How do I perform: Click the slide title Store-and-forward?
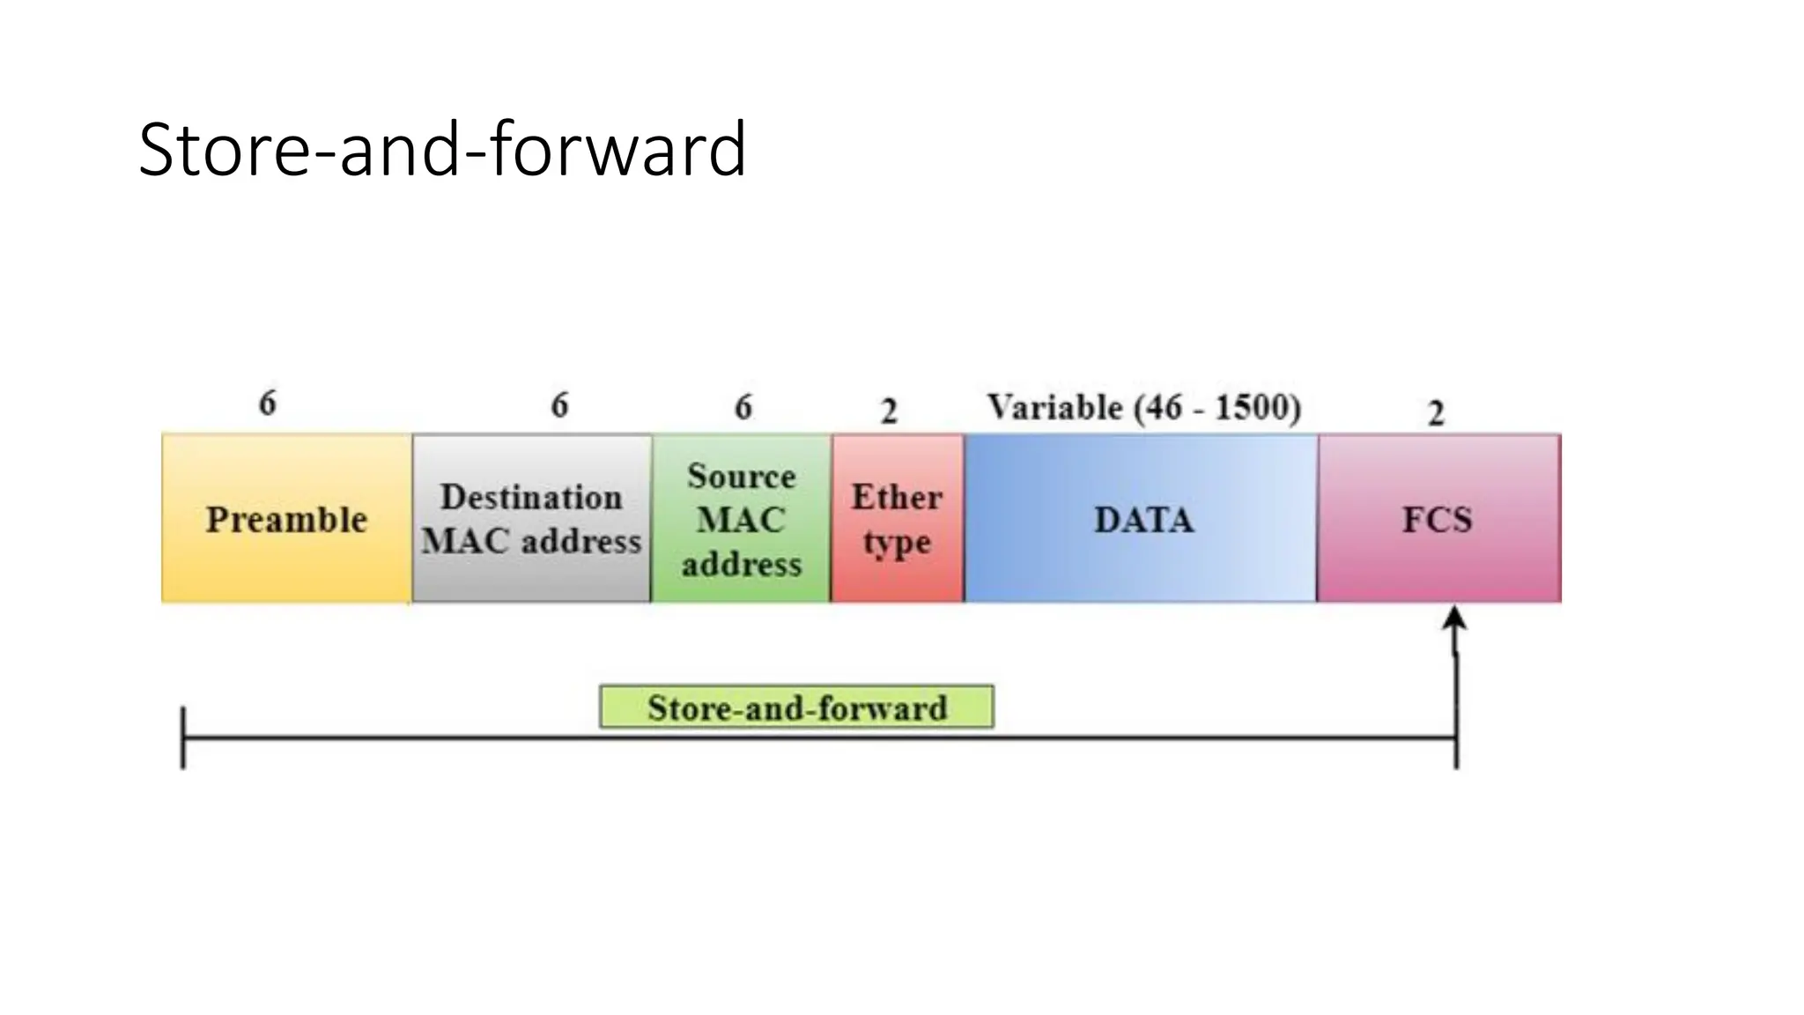click(x=442, y=150)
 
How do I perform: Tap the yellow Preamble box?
click(x=286, y=518)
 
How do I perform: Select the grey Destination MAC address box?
click(x=531, y=518)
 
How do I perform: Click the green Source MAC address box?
click(x=741, y=518)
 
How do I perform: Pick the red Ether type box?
click(x=897, y=518)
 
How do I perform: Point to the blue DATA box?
click(x=1142, y=518)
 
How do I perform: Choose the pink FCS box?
click(x=1438, y=518)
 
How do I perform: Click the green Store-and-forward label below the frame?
click(x=796, y=708)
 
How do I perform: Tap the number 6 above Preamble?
click(x=267, y=404)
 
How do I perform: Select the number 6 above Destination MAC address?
click(x=559, y=405)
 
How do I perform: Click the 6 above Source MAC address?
click(x=743, y=407)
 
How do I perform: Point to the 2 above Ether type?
click(x=889, y=411)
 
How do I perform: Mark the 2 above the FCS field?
click(x=1436, y=413)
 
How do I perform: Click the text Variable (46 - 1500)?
click(x=1143, y=408)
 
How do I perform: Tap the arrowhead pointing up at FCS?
click(x=1454, y=618)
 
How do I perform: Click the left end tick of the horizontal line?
click(x=183, y=738)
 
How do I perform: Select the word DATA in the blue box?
click(x=1143, y=520)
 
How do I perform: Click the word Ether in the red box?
click(x=897, y=497)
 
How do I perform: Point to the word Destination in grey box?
click(x=531, y=497)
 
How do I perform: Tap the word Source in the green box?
click(x=741, y=476)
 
